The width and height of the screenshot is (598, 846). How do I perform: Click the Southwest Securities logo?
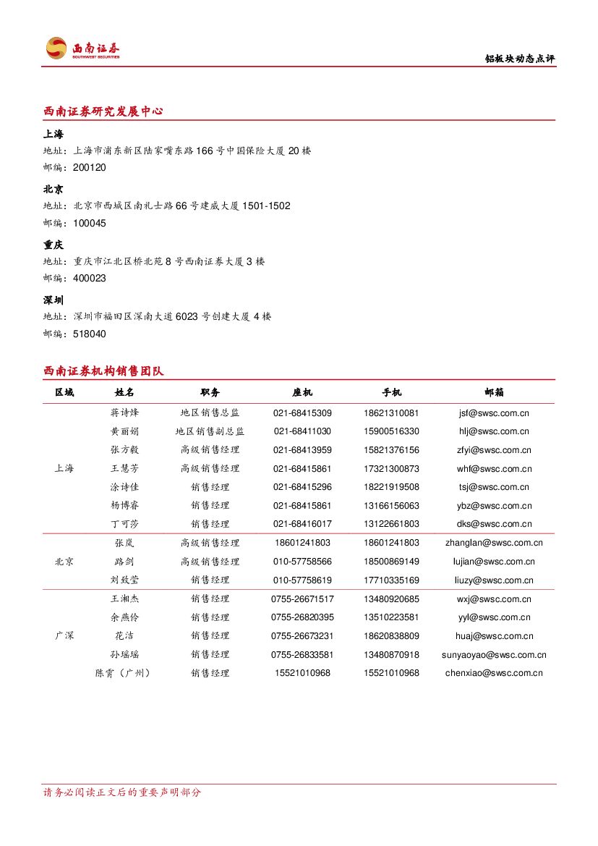[82, 48]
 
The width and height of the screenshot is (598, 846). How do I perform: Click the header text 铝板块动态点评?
[519, 59]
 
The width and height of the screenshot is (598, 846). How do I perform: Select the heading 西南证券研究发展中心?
[103, 111]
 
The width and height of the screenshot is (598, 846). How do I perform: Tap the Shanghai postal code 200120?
[90, 168]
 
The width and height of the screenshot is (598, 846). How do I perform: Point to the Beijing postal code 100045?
[90, 223]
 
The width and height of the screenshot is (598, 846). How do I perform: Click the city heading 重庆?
[54, 245]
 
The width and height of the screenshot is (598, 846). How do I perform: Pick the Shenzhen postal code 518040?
[90, 334]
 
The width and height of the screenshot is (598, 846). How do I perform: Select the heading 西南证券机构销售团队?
[103, 371]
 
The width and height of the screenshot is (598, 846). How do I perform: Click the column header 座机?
[302, 392]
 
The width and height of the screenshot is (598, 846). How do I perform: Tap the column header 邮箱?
[494, 392]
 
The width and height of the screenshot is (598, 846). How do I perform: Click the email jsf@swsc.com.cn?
[494, 413]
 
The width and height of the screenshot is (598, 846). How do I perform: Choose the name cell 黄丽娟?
[124, 431]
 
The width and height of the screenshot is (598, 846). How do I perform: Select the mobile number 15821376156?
[391, 450]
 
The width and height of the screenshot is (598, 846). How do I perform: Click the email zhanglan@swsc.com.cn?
[494, 543]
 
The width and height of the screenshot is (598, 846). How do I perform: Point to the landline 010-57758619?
[302, 580]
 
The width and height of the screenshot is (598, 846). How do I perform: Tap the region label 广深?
[64, 635]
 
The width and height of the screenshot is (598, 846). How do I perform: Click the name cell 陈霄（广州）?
[124, 673]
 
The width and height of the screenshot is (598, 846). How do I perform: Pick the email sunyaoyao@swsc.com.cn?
[494, 654]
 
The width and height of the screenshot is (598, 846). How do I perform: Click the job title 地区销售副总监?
[210, 431]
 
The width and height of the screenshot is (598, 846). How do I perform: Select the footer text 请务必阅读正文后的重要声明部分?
[122, 792]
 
